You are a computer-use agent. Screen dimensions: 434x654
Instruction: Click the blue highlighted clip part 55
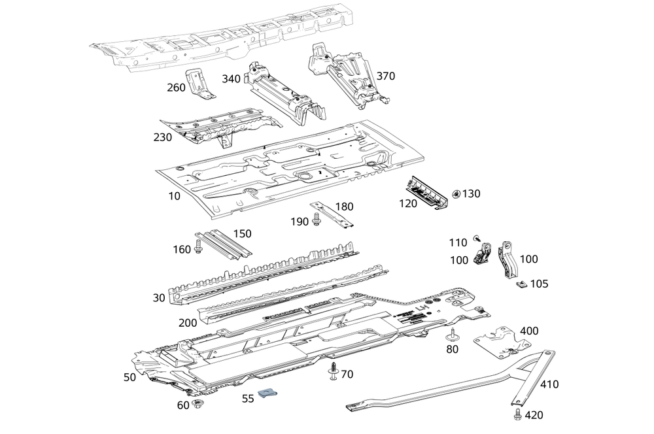click(268, 393)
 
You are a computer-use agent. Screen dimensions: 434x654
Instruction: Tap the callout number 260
click(177, 88)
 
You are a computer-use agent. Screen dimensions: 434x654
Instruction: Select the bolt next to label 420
click(518, 414)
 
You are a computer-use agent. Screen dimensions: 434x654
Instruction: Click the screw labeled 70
click(334, 371)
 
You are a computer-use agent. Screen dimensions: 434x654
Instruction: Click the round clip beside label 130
click(456, 193)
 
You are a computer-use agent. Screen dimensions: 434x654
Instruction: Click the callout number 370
click(385, 76)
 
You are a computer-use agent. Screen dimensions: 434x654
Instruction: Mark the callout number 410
click(549, 384)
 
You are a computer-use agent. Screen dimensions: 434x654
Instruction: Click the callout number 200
click(187, 323)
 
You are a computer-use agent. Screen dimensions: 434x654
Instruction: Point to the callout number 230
click(162, 137)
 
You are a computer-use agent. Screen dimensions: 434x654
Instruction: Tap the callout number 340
click(231, 79)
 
